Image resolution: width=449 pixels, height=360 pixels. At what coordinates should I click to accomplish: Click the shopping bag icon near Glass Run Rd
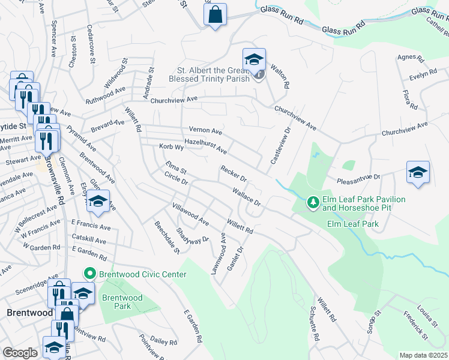pyautogui.click(x=215, y=14)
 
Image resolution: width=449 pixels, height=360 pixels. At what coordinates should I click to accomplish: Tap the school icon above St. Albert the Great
pyautogui.click(x=255, y=59)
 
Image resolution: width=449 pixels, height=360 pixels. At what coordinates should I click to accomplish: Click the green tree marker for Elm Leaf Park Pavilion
pyautogui.click(x=312, y=203)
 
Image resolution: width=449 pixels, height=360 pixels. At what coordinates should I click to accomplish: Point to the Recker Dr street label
pyautogui.click(x=234, y=174)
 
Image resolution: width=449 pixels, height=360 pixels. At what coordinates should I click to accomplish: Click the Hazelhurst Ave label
pyautogui.click(x=205, y=145)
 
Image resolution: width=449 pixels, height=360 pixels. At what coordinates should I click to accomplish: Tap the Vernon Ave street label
pyautogui.click(x=205, y=131)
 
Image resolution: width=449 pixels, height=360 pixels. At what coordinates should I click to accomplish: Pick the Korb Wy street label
pyautogui.click(x=170, y=146)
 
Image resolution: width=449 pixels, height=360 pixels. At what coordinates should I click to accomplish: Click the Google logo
pyautogui.click(x=20, y=353)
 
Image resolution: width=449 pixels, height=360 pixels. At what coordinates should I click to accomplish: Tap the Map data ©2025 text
pyautogui.click(x=423, y=355)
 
